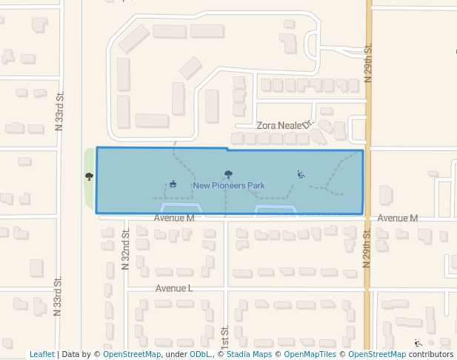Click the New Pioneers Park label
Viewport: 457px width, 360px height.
point(228,186)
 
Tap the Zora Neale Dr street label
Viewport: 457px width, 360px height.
point(285,126)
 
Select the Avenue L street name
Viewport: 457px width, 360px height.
point(174,287)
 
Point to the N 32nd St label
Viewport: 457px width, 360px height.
point(126,250)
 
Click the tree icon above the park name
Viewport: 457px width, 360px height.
point(228,175)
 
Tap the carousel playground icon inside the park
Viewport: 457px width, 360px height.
point(173,184)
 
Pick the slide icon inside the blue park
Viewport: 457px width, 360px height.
point(301,175)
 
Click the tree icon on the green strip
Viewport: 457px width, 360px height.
point(89,176)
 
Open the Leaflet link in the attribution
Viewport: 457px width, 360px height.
point(41,355)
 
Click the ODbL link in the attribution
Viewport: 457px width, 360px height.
point(200,355)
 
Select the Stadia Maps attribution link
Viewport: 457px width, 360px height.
point(248,355)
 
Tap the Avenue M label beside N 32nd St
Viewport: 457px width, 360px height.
point(174,219)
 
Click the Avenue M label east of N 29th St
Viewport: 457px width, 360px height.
point(398,219)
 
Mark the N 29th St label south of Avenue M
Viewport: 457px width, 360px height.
point(367,249)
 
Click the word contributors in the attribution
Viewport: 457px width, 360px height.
point(430,355)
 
